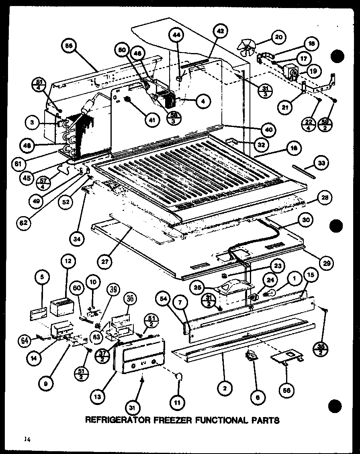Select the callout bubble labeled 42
221,31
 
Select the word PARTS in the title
264,420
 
